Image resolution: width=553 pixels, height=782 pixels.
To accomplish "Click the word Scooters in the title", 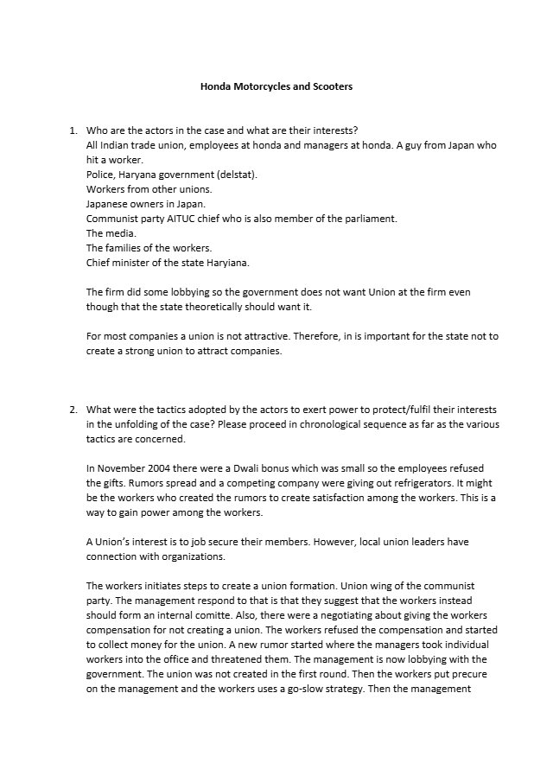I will [330, 87].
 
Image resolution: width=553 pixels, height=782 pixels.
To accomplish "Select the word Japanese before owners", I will [108, 204].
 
